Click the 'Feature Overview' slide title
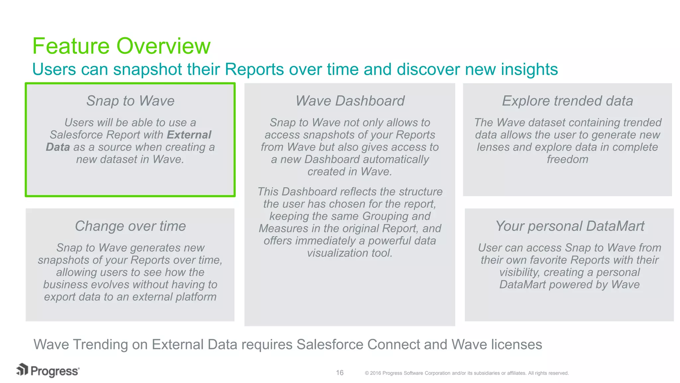tap(121, 46)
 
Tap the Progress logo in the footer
tap(48, 370)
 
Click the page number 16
tap(340, 373)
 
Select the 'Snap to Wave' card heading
tap(130, 101)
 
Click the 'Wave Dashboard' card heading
tap(350, 101)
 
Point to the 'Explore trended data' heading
tap(567, 101)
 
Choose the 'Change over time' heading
tap(130, 226)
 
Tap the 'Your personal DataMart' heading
tap(569, 226)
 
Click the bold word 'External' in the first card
tap(189, 135)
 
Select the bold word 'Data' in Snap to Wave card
tap(58, 147)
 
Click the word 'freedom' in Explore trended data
tap(567, 159)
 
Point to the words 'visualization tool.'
tap(350, 253)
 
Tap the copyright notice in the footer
tap(467, 373)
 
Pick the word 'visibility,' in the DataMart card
tap(519, 272)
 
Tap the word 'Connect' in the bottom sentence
tap(393, 344)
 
